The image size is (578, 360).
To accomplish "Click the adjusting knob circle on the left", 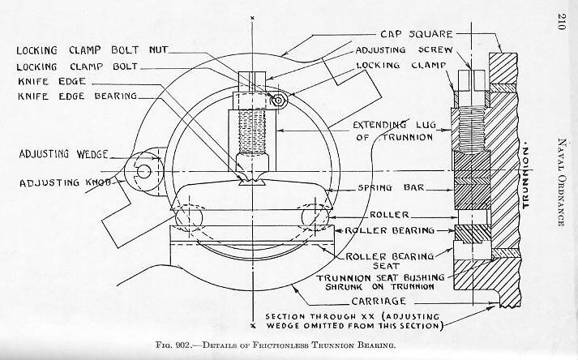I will (146, 171).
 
